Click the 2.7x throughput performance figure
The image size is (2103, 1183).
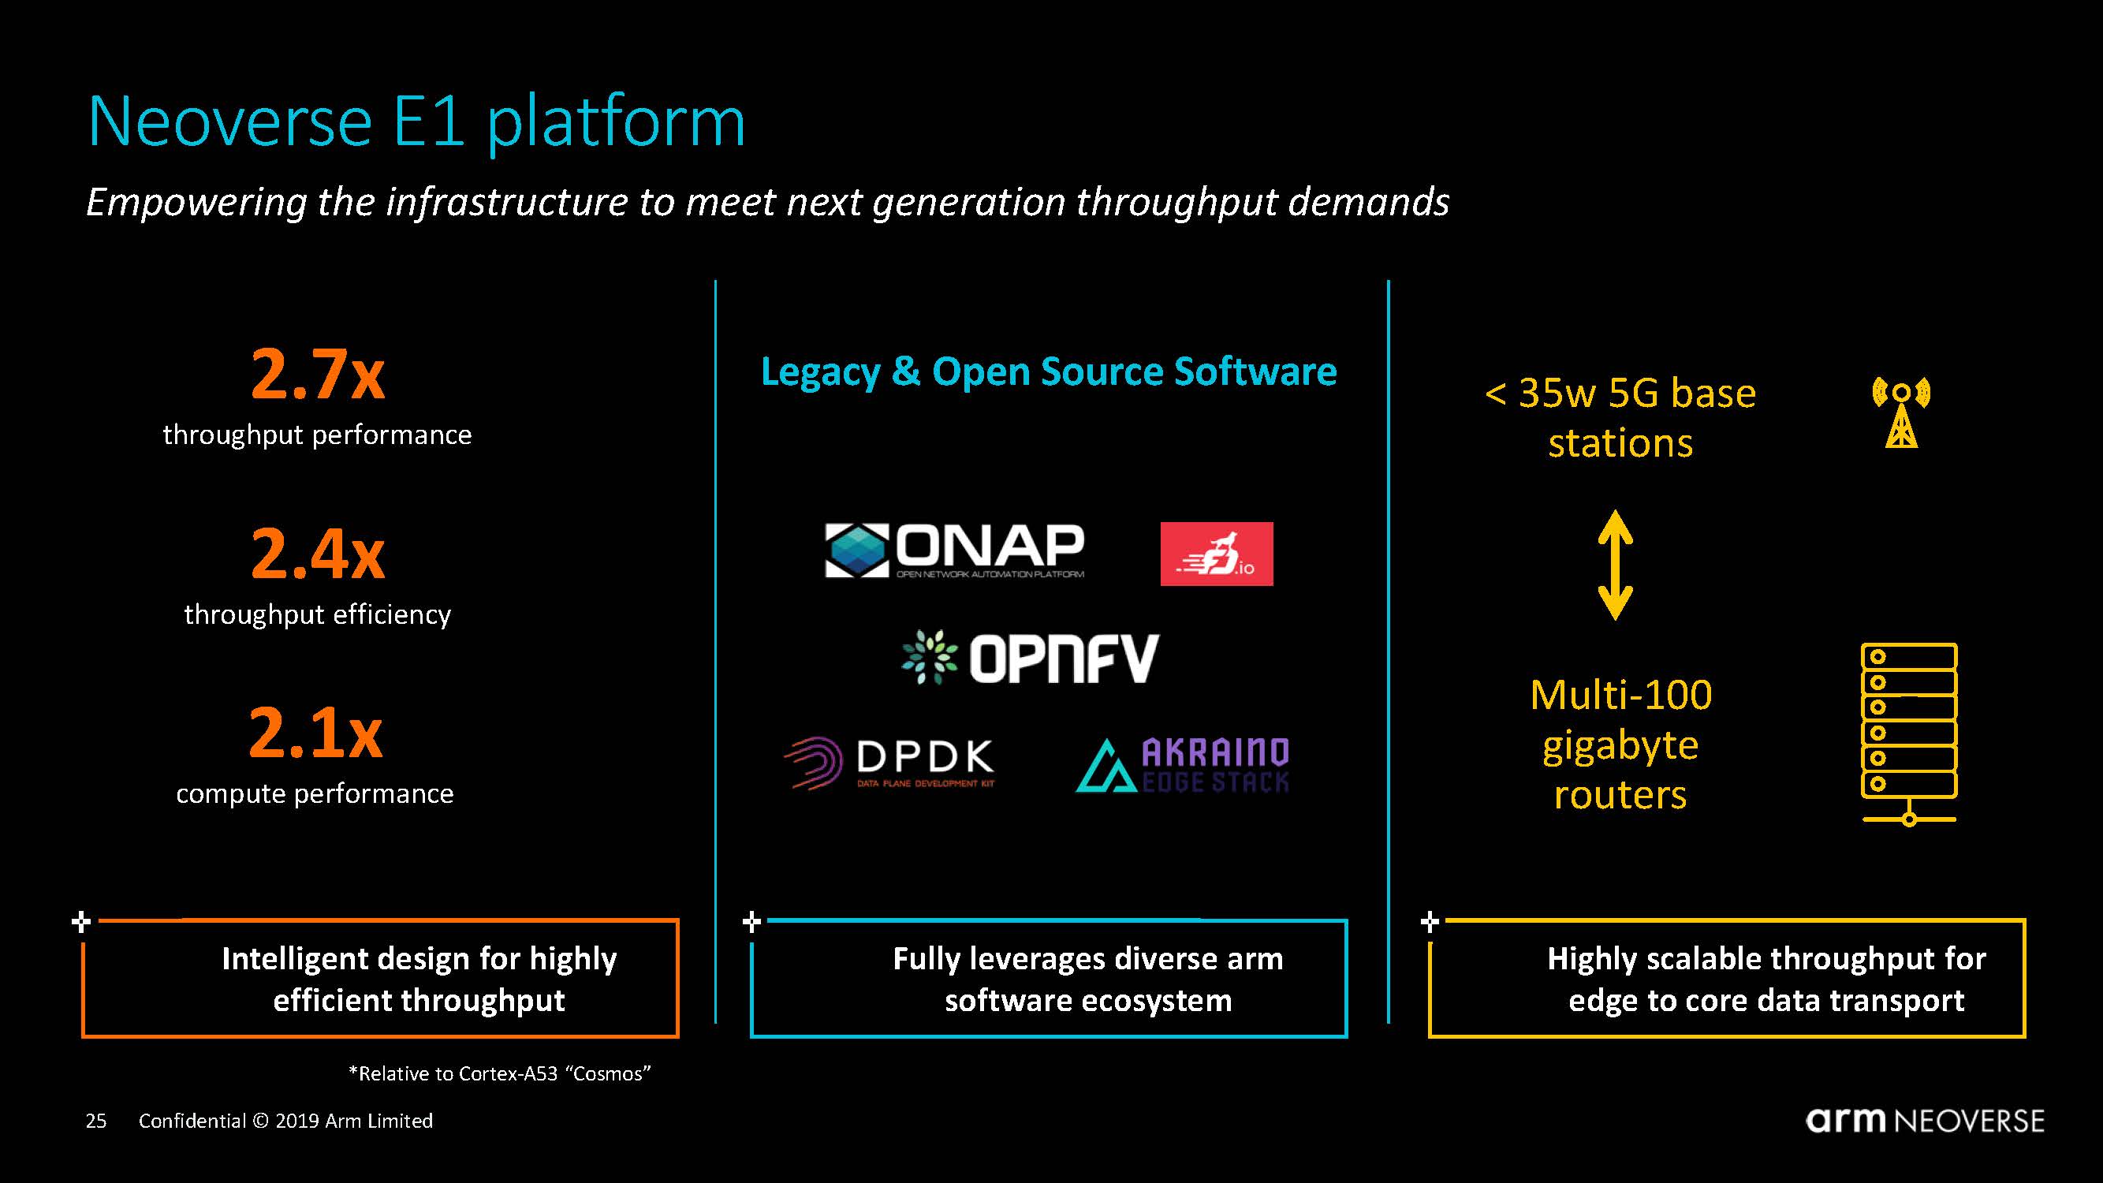(x=318, y=375)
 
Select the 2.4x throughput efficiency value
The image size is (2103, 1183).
(x=318, y=554)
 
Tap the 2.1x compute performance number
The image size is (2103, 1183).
(x=316, y=733)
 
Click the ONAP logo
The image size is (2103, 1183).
(x=954, y=550)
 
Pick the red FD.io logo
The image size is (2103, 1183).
(x=1217, y=554)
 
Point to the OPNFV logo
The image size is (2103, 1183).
(x=1031, y=658)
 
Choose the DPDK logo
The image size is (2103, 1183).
(x=890, y=763)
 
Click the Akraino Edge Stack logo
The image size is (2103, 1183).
(x=1183, y=765)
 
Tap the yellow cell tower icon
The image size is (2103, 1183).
(x=1900, y=412)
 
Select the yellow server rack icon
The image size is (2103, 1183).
(x=1909, y=733)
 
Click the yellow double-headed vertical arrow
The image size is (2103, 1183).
(x=1615, y=565)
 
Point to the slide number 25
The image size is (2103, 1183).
(x=96, y=1121)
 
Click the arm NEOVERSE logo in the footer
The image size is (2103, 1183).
(x=1924, y=1120)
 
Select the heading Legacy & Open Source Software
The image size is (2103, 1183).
(x=1048, y=371)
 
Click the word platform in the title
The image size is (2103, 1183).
(x=616, y=122)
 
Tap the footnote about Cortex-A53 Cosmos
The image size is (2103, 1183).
(x=500, y=1073)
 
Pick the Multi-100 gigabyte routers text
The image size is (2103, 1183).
(x=1620, y=745)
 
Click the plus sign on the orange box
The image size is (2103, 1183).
(x=80, y=923)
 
